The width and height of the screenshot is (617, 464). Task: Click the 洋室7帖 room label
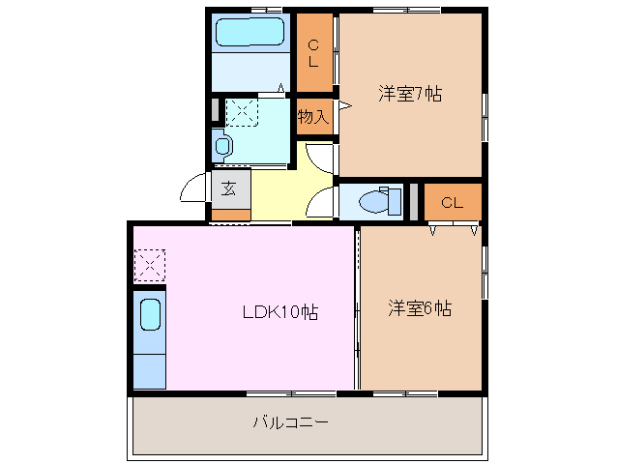point(410,95)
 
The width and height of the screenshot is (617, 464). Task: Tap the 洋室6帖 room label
point(421,308)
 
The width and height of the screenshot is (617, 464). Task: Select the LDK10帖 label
point(280,312)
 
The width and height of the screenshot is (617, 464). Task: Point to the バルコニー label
point(290,422)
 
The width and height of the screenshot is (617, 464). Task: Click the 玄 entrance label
point(229,188)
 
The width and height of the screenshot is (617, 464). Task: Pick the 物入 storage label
point(312,117)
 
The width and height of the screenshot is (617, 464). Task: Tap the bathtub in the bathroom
point(251,34)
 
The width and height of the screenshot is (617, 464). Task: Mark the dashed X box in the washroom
point(241,112)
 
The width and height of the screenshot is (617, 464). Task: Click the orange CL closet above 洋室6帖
point(452,203)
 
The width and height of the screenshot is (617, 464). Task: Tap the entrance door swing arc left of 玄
point(193,188)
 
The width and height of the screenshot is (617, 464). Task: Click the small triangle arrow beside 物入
point(343,105)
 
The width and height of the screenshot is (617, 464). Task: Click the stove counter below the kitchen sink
point(149,371)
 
